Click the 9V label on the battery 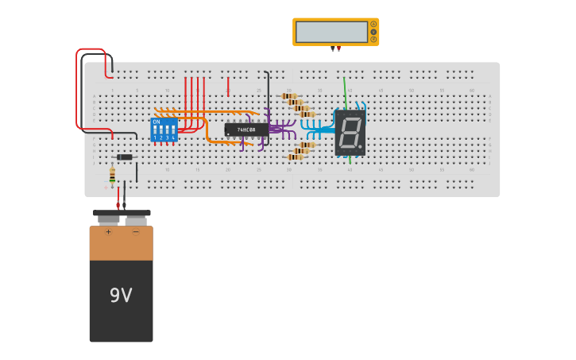[121, 296]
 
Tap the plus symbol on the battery [108, 232]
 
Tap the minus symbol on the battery [135, 232]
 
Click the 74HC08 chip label [245, 130]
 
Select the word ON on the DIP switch [157, 122]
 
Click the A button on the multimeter [373, 25]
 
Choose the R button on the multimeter [373, 39]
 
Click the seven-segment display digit [349, 132]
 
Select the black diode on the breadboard [125, 157]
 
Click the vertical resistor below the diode [112, 176]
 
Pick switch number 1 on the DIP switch [156, 130]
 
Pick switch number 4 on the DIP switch [172, 130]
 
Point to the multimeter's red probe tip [338, 49]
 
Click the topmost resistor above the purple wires [288, 96]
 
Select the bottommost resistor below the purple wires [296, 157]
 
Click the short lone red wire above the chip [228, 86]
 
